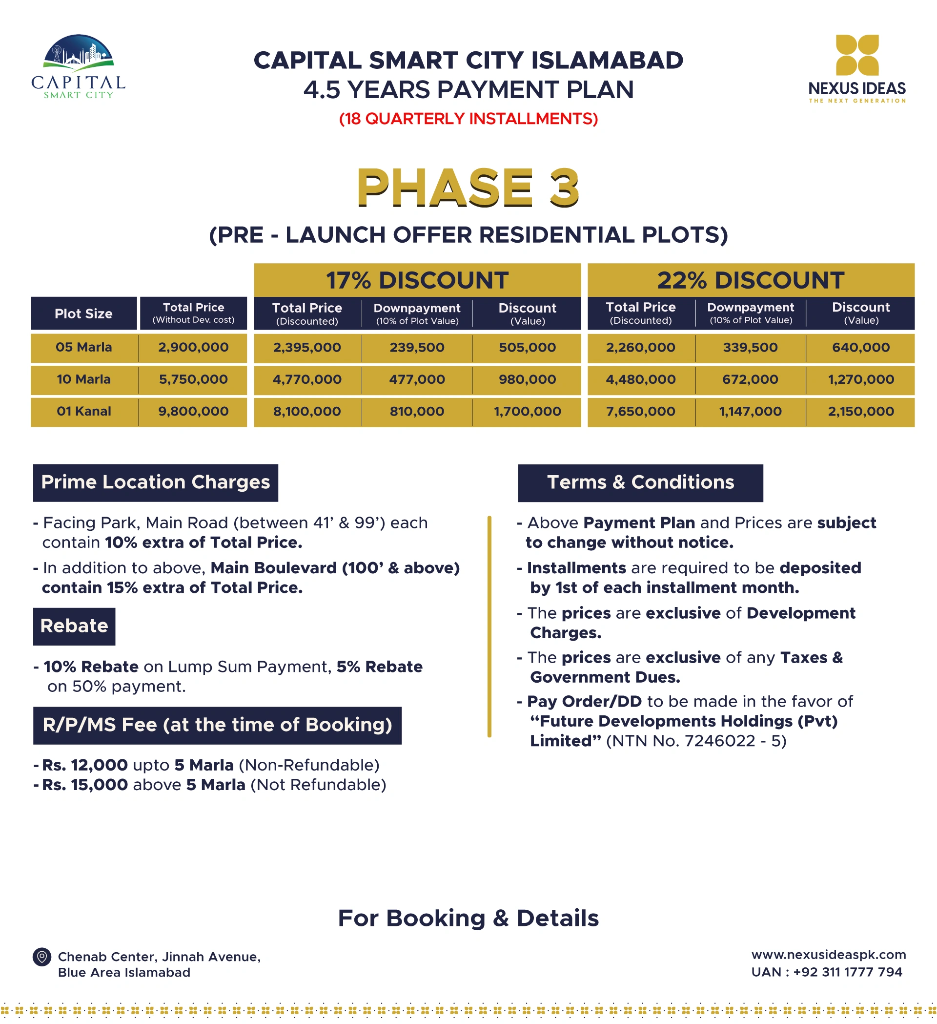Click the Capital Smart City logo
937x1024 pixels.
(x=78, y=66)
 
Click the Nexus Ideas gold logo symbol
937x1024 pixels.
(x=857, y=55)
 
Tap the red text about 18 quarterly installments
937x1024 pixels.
(x=468, y=119)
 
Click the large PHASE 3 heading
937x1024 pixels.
(x=468, y=188)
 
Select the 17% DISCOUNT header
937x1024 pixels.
(x=417, y=280)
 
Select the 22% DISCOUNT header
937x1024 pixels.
(x=750, y=280)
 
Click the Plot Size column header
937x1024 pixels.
(x=84, y=313)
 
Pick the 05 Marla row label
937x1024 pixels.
(x=84, y=347)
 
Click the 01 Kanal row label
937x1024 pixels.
(x=84, y=411)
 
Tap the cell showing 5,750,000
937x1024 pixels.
(x=193, y=379)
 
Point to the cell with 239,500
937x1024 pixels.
(x=417, y=347)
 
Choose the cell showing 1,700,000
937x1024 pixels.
(x=527, y=411)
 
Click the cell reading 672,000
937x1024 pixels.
(x=750, y=379)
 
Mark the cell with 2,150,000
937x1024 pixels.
(x=860, y=411)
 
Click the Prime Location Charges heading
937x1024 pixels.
(x=155, y=482)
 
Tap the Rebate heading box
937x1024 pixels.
(x=74, y=626)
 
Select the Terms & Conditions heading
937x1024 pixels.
(x=640, y=482)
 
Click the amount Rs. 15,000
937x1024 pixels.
(x=85, y=785)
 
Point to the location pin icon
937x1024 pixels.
(x=41, y=957)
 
